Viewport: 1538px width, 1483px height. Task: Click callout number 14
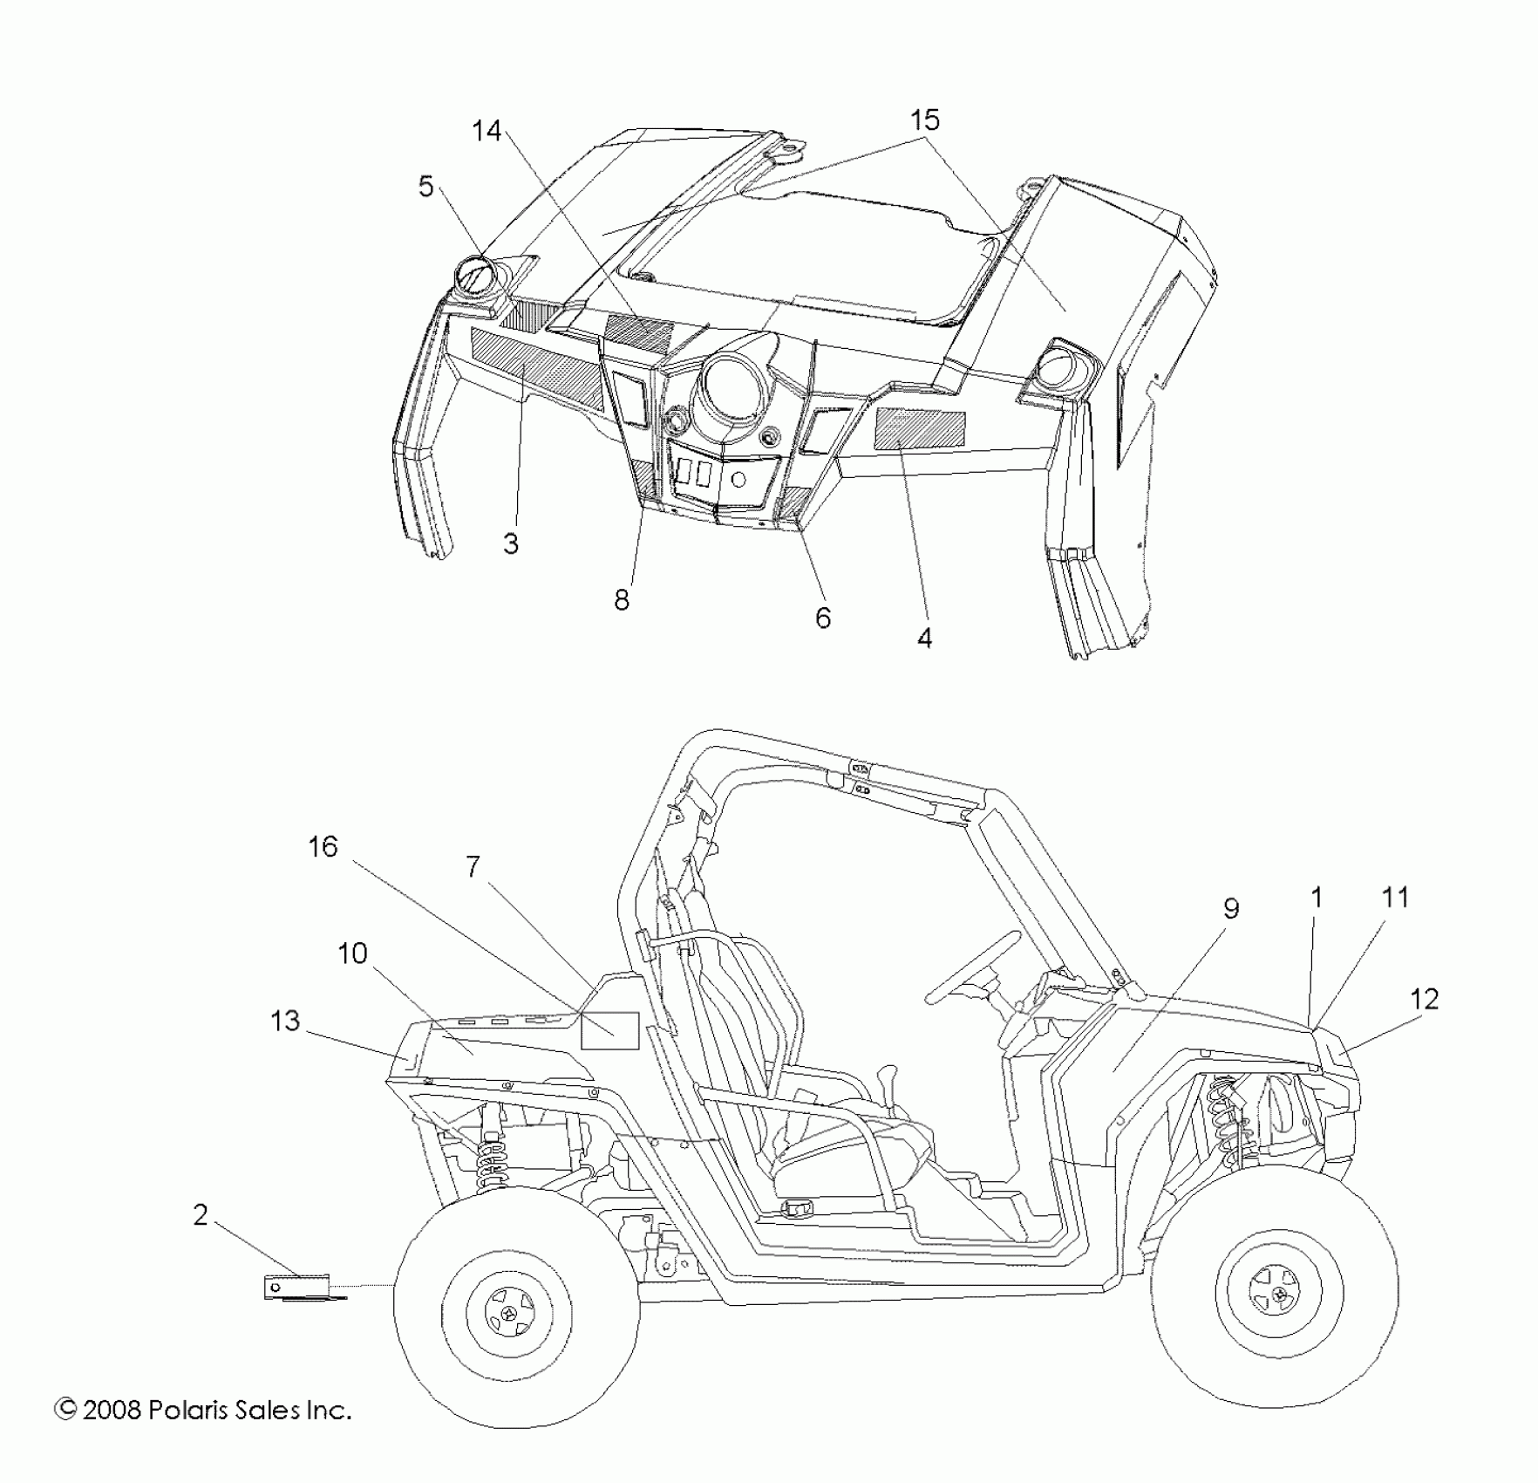click(487, 131)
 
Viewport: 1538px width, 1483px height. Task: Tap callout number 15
click(925, 120)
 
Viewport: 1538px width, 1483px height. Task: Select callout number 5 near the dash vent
click(425, 186)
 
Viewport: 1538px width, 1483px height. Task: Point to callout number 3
click(511, 543)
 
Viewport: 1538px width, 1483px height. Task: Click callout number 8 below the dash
click(621, 599)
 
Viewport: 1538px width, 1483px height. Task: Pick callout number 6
click(822, 618)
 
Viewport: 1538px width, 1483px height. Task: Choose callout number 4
click(924, 638)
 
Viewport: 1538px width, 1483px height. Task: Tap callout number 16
click(323, 846)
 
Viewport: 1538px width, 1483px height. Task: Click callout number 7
click(473, 866)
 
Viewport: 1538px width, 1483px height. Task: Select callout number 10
click(352, 953)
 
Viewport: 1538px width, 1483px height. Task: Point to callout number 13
click(285, 1020)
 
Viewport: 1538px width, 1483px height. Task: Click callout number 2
click(201, 1214)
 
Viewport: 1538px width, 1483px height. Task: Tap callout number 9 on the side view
click(1230, 909)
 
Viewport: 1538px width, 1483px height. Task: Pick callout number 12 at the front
click(1424, 999)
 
